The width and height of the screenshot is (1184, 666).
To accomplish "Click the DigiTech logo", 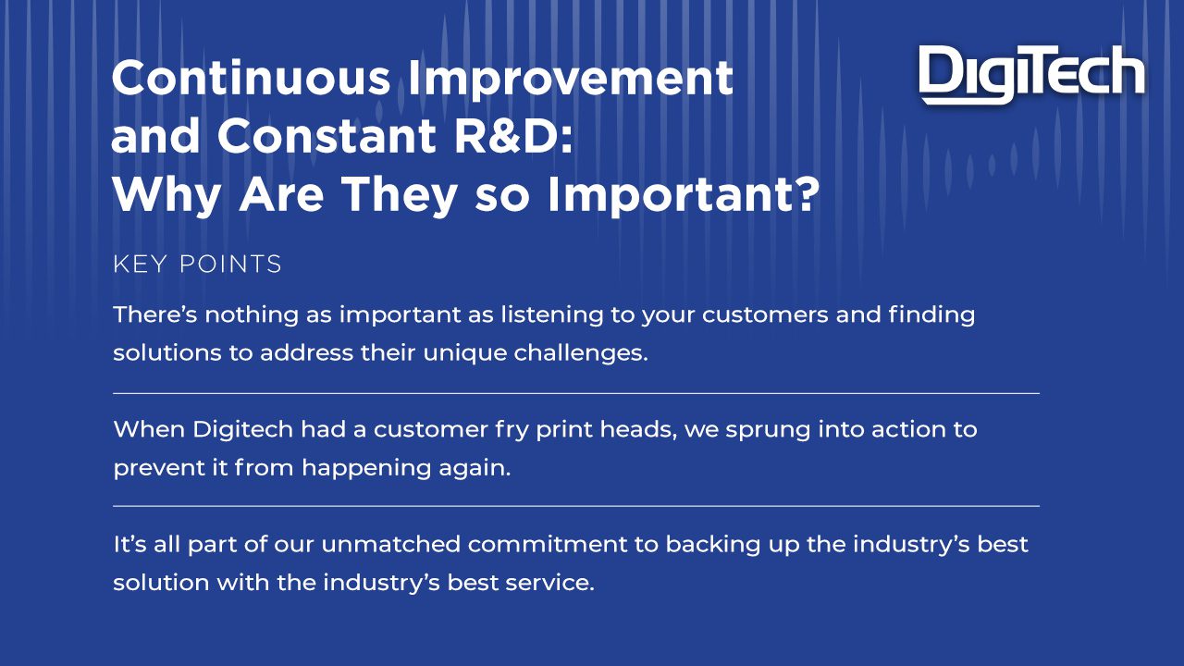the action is pyautogui.click(x=1031, y=75).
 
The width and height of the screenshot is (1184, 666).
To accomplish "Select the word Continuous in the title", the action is pyautogui.click(x=251, y=78).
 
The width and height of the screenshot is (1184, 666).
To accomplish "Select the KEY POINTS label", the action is pyautogui.click(x=197, y=265).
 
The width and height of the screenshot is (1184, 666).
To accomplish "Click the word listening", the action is pyautogui.click(x=552, y=315).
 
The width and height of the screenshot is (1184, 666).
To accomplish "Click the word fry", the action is pyautogui.click(x=512, y=430).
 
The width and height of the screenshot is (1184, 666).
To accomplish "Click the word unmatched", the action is pyautogui.click(x=390, y=544).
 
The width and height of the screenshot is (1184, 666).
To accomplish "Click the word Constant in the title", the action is pyautogui.click(x=327, y=136).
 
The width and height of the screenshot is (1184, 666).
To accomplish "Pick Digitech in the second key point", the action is pyautogui.click(x=242, y=430).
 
